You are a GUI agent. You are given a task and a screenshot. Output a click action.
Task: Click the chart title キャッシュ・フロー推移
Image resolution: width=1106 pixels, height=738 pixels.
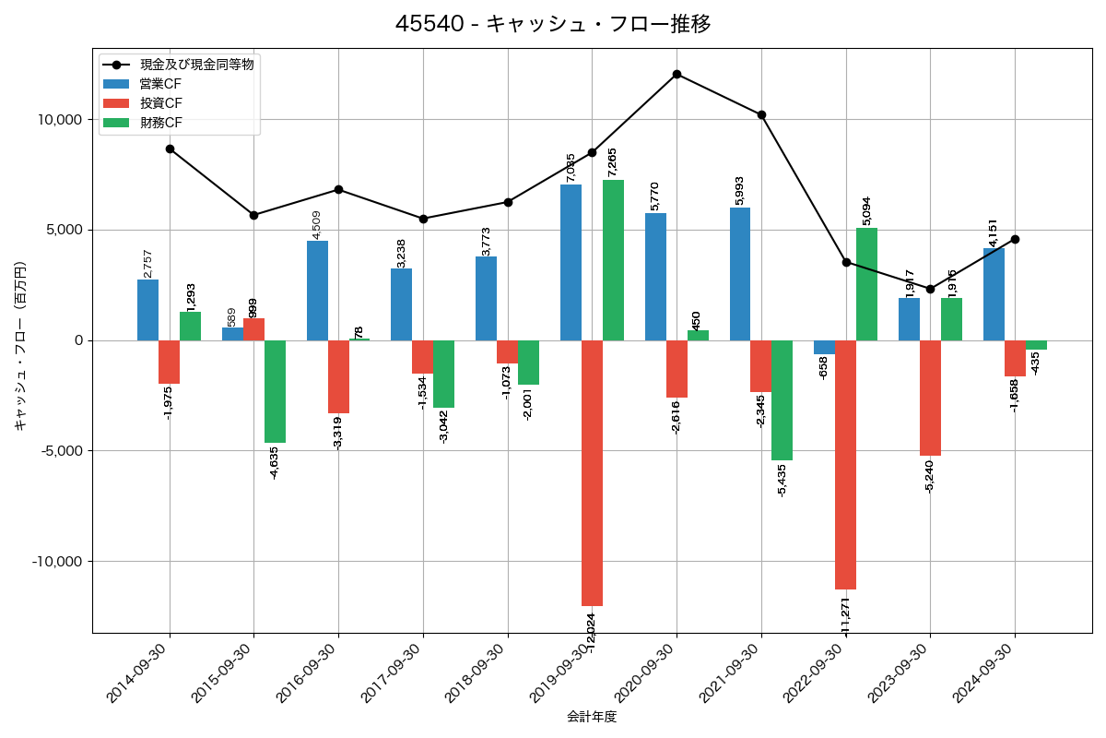(553, 23)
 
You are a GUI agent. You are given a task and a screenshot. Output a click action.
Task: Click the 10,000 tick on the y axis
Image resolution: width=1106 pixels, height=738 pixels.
(56, 120)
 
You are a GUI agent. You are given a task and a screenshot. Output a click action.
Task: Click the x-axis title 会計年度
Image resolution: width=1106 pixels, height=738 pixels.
(592, 717)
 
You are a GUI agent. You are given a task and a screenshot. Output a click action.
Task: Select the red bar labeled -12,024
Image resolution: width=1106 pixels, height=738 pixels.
(592, 472)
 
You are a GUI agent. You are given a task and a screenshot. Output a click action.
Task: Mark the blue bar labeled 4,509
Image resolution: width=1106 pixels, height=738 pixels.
(317, 291)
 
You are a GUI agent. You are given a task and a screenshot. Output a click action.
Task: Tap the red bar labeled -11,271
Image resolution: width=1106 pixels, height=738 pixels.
(845, 464)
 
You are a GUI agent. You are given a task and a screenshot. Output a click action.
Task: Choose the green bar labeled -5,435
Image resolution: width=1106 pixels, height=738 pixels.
(782, 400)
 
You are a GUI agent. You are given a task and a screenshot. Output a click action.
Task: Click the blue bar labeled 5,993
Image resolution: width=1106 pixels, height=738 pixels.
(740, 274)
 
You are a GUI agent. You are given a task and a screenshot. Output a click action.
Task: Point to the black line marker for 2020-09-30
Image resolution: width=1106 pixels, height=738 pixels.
(677, 74)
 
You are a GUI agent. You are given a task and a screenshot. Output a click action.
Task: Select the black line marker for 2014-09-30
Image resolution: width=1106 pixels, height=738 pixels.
(170, 149)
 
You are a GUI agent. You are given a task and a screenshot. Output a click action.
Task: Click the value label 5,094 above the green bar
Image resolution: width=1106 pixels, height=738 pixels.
(866, 210)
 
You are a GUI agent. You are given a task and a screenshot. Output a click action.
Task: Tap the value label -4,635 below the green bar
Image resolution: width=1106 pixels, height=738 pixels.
(275, 462)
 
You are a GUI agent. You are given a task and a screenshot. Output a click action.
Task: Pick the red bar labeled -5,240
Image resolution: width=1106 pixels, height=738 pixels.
(930, 398)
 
